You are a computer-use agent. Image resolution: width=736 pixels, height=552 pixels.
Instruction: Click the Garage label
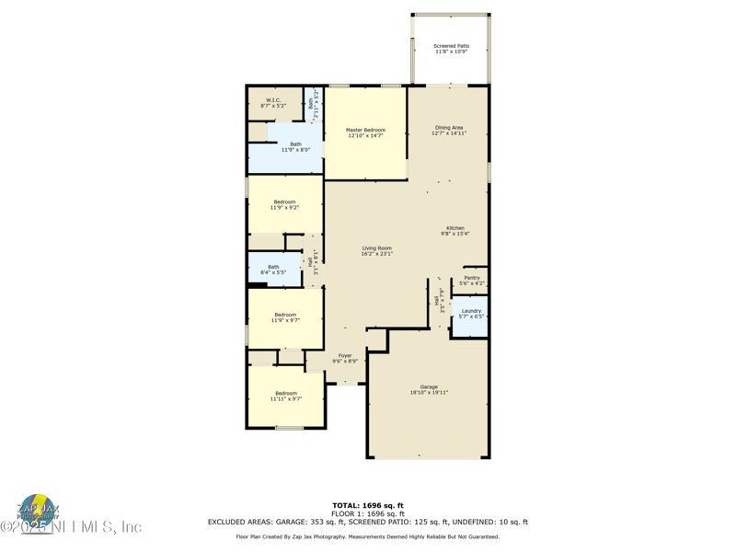point(429,386)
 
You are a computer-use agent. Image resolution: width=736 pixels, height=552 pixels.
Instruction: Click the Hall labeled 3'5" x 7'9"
point(439,300)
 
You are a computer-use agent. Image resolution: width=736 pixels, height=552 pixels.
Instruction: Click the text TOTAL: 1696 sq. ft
point(367,505)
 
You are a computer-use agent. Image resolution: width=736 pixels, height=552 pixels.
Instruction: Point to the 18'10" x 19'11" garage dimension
point(429,393)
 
